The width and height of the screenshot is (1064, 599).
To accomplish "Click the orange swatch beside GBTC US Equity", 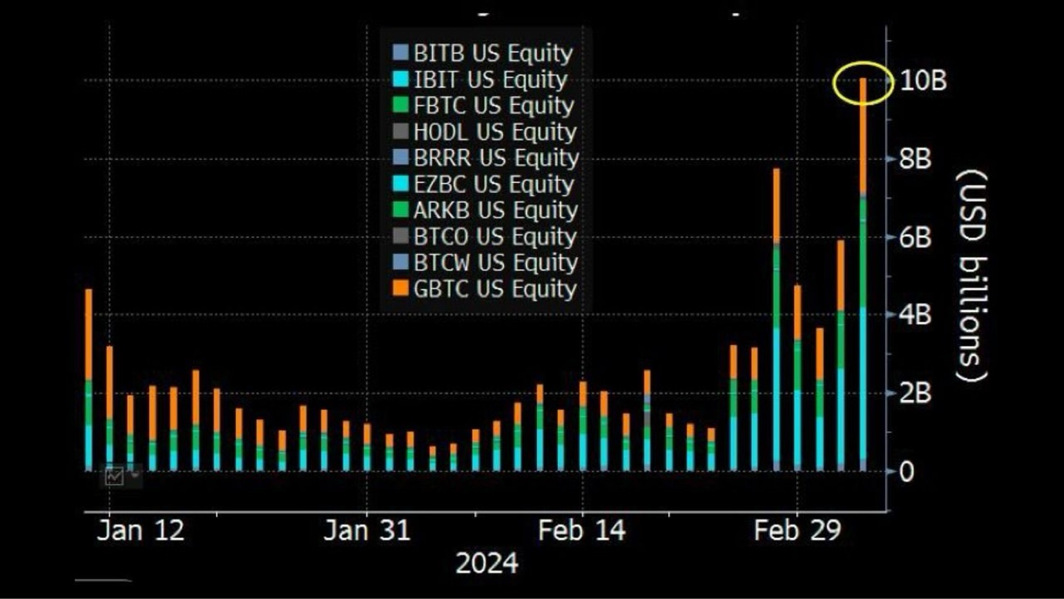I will coord(400,289).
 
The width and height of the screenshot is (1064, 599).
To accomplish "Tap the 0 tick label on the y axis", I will coord(907,471).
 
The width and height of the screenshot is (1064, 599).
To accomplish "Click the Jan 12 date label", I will coord(140,531).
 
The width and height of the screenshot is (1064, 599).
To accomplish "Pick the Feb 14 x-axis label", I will coord(582,531).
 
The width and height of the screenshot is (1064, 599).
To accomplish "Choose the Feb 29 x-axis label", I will coord(797,531).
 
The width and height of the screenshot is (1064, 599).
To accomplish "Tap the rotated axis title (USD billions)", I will coord(971,276).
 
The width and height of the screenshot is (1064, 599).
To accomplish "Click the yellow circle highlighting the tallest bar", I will coord(863,82).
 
